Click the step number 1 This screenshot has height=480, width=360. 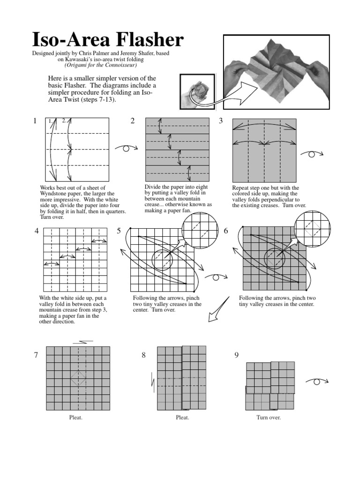[x=35, y=121]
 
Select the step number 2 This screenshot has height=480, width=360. [x=133, y=121]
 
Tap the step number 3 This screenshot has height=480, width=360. [x=221, y=121]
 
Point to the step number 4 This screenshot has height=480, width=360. [x=36, y=231]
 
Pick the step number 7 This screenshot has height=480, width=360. [x=36, y=355]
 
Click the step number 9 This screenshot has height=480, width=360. [x=237, y=355]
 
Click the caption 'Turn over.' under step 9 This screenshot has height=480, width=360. [x=269, y=418]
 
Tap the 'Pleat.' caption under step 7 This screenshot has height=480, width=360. [x=75, y=418]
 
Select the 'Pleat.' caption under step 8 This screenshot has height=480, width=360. [x=182, y=418]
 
